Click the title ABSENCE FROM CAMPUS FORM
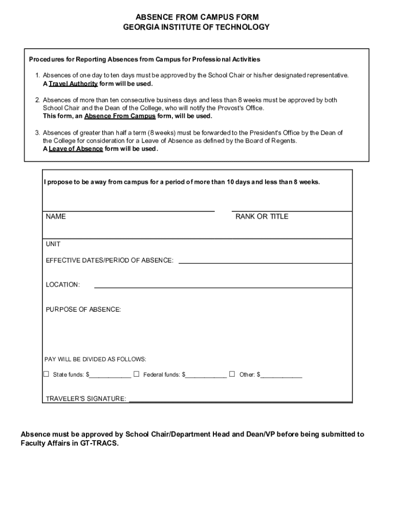196,17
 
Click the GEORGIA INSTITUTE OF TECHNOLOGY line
196,27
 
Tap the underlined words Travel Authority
73,83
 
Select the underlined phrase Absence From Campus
120,116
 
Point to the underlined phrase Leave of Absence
76,149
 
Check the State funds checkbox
46,374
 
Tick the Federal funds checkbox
136,374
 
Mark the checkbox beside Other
232,374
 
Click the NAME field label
56,216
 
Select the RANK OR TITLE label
261,216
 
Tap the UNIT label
53,244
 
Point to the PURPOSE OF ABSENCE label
83,310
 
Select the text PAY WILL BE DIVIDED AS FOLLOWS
96,359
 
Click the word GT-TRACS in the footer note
99,444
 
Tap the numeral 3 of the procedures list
37,133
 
